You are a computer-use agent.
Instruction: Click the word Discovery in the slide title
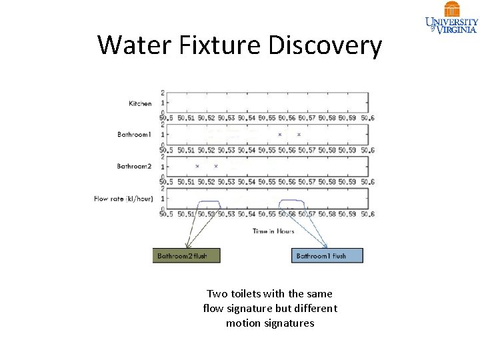[x=325, y=46]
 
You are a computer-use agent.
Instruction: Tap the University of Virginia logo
[x=452, y=17]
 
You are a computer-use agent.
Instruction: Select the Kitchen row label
[x=140, y=103]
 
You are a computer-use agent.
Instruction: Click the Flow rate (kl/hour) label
[x=123, y=199]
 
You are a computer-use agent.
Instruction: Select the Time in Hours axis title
[x=273, y=231]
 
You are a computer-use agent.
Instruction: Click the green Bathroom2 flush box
[x=186, y=255]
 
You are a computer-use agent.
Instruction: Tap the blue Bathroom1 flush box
[x=327, y=255]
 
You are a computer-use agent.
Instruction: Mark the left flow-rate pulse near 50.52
[x=209, y=201]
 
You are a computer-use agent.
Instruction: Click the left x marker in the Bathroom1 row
[x=280, y=135]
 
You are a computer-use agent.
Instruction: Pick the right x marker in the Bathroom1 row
[x=299, y=135]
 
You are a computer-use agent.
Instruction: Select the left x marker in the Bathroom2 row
[x=197, y=166]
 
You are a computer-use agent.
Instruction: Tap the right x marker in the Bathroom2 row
[x=216, y=166]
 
